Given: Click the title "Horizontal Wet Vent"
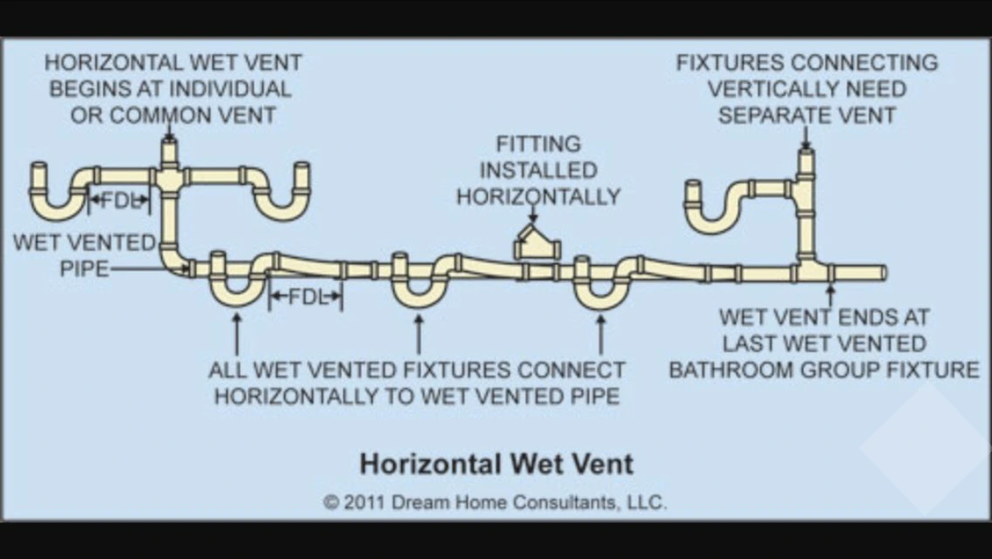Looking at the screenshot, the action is tap(496, 462).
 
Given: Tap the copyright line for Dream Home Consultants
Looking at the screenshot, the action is tap(494, 502).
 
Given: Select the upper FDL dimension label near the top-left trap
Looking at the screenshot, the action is tap(120, 199).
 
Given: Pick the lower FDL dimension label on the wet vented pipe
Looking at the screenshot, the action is tap(306, 297).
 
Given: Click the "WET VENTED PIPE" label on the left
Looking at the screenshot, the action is tap(84, 254).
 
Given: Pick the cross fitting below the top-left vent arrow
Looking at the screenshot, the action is tap(169, 178).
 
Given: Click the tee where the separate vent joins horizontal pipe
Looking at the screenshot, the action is tap(807, 269).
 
